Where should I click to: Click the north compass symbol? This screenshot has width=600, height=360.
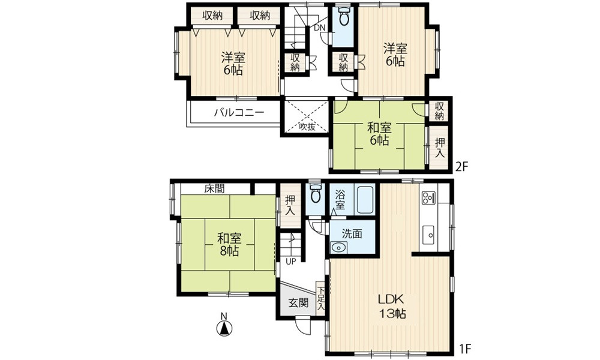(x=224, y=326)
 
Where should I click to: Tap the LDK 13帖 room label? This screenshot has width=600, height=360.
(x=392, y=307)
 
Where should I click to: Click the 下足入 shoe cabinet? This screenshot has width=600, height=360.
(x=320, y=298)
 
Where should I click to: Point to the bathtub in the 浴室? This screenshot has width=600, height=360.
(x=364, y=200)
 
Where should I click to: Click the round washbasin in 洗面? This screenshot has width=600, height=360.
(x=338, y=248)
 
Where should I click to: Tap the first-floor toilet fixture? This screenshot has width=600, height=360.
(x=316, y=194)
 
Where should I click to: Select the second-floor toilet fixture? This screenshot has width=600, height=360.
(x=344, y=16)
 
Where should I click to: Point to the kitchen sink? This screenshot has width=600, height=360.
(x=428, y=233)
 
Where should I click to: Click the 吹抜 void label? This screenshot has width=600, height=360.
(x=307, y=127)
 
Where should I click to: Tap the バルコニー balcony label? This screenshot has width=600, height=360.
(x=239, y=112)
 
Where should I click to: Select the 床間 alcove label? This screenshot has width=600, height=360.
(x=214, y=188)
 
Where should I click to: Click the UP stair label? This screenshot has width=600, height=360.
(x=291, y=262)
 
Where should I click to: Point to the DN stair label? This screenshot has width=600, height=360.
(x=320, y=28)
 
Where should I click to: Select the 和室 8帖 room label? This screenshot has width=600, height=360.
(x=229, y=245)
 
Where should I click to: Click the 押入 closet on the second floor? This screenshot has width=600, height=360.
(x=440, y=147)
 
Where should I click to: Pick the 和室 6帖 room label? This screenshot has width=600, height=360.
(x=379, y=134)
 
